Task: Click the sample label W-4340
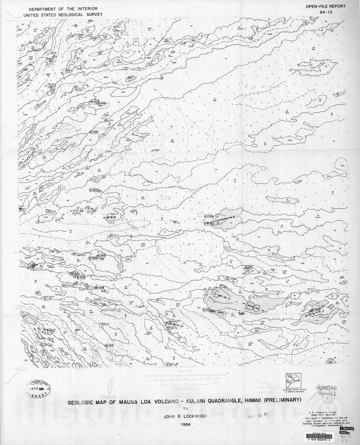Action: tap(95, 101)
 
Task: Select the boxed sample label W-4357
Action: tap(93, 132)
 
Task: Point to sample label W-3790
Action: tap(208, 216)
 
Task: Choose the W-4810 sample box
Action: tap(249, 267)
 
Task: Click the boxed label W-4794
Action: tap(208, 309)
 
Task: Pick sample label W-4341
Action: tap(110, 345)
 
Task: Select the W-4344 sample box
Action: tap(81, 277)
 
